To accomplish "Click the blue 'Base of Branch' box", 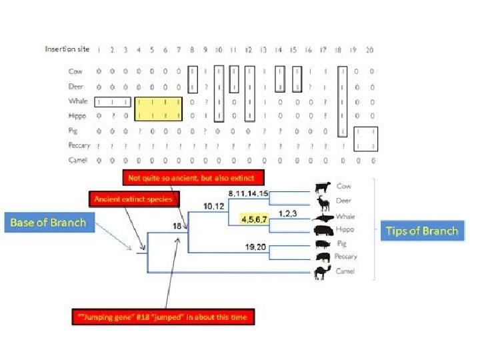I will pos(48,222).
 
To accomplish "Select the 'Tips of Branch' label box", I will pos(422,231).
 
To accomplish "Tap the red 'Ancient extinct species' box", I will pos(133,199).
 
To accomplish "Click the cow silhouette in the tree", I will pos(323,187).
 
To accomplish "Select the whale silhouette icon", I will pos(323,217).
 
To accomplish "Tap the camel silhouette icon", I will pos(322,271).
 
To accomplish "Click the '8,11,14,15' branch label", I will pos(248,193).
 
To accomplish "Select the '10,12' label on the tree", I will pos(215,207).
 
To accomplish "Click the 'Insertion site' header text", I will pos(67,49).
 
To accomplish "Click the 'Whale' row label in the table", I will pos(77,101).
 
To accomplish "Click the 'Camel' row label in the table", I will pos(78,160).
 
